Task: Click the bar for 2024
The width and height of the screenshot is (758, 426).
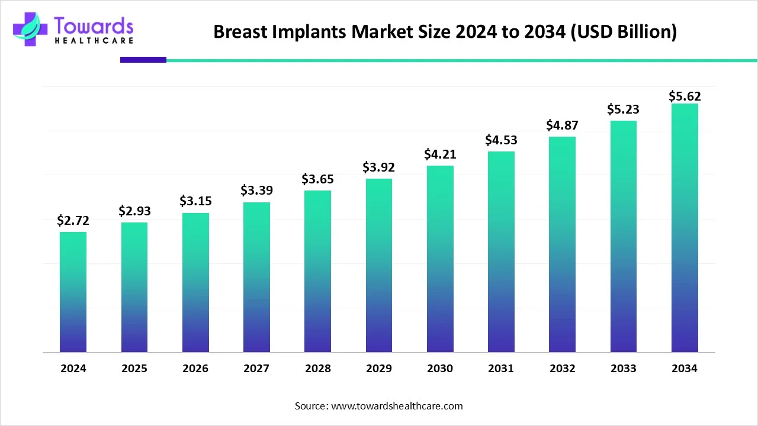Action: coord(73,292)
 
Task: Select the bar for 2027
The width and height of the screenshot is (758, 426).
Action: coord(256,277)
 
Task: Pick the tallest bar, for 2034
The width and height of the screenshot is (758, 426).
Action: coord(685,228)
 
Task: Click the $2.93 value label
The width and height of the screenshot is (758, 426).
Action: coord(134,211)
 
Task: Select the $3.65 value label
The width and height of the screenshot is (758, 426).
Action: coord(318,179)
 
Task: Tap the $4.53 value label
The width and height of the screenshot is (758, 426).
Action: coord(501,140)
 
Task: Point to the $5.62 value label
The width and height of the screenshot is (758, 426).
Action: coord(685,96)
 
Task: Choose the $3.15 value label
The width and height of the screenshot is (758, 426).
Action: coord(195,201)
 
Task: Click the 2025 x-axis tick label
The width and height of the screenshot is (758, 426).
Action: coord(134,369)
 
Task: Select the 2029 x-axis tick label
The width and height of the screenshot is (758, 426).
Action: coord(378,369)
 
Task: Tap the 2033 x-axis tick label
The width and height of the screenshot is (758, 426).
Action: coord(623,369)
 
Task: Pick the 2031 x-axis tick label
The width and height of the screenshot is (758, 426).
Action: coord(501,369)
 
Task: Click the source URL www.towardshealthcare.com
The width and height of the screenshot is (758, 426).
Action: coord(397,406)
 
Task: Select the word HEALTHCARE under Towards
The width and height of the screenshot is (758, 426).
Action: coord(93,40)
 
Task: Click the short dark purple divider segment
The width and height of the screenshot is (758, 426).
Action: coord(143,60)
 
